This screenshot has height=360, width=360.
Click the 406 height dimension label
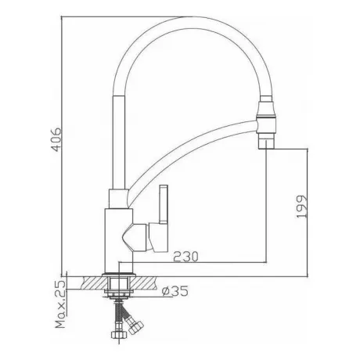pos(56,139)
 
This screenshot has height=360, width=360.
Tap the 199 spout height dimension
pos(302,207)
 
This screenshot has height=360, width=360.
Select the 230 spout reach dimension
pos(185,257)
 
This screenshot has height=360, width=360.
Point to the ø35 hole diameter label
pos(175,291)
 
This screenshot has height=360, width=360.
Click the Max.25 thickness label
pos(60,304)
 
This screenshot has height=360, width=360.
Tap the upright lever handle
pos(164,204)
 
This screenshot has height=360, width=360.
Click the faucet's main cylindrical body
pos(119,241)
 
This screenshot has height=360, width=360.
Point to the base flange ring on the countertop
pos(119,275)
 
